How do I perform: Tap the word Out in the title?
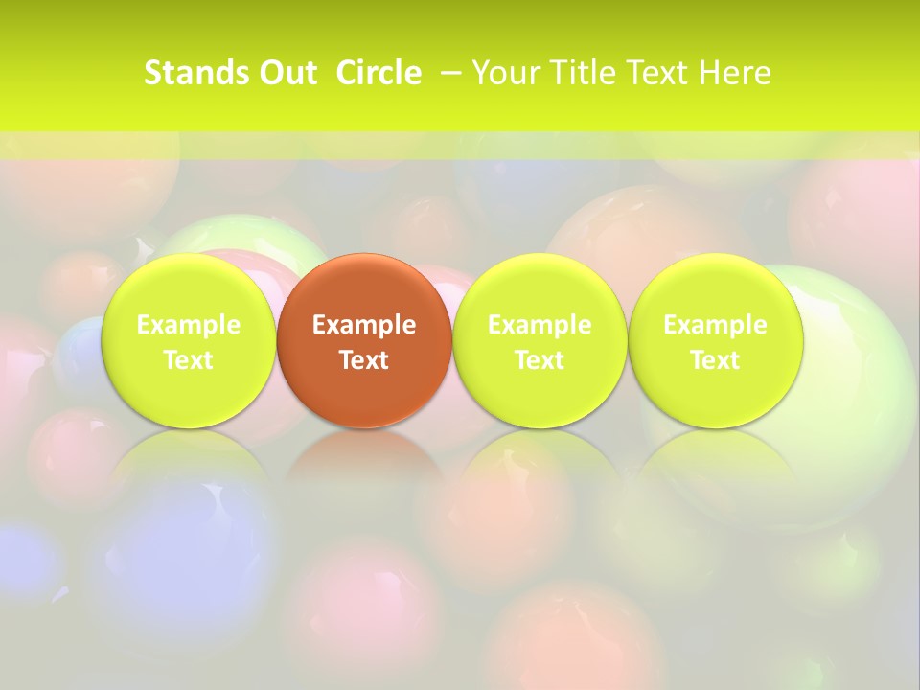pos(287,73)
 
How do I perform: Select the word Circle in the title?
pos(379,73)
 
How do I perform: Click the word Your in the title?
pos(502,73)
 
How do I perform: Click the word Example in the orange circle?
pos(364,325)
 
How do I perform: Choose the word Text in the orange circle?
pos(364,360)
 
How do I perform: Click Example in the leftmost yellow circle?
pos(189,325)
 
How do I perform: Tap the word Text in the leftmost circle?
pos(189,360)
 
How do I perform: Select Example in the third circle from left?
pos(540,325)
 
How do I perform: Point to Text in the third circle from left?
pos(540,360)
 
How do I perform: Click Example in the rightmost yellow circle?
pos(715,325)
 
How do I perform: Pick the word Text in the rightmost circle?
pos(715,360)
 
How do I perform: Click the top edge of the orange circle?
pos(364,256)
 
